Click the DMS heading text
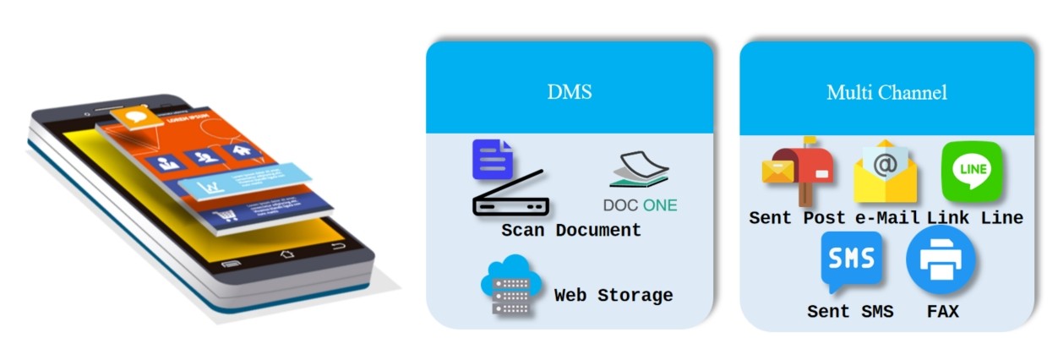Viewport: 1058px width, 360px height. [569, 92]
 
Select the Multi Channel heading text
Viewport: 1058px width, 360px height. [886, 92]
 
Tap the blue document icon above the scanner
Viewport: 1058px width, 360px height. [492, 160]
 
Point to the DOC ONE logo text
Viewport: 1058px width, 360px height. [640, 205]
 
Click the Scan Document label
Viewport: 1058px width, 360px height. [570, 230]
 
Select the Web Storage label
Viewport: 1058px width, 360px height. [614, 295]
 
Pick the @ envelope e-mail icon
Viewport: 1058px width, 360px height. [885, 171]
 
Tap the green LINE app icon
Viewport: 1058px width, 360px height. [971, 170]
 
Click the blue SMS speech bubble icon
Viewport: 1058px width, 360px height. [851, 259]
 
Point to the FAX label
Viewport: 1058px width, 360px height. [942, 311]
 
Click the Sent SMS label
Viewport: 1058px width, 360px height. [850, 311]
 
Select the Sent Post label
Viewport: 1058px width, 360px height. [797, 217]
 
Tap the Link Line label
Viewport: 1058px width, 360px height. [974, 217]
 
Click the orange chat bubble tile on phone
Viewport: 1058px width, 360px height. [134, 117]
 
